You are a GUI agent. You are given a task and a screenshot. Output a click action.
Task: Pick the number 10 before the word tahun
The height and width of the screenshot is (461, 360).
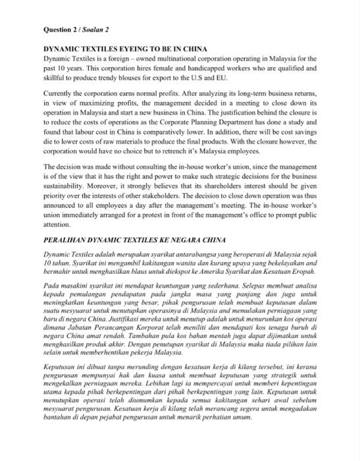pyautogui.click(x=47, y=263)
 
